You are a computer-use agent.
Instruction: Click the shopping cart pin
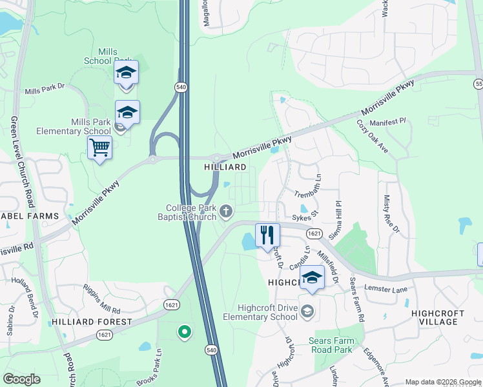[100, 148]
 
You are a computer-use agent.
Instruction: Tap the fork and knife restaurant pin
[267, 235]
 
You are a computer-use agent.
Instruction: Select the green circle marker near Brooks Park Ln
[184, 332]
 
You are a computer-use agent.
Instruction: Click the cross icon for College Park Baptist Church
[226, 210]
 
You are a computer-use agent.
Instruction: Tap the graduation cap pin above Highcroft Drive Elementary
[312, 277]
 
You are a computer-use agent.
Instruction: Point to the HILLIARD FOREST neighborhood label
[92, 321]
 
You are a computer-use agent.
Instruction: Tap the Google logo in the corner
[21, 379]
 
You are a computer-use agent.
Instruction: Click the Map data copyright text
[443, 382]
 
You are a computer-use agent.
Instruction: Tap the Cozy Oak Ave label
[376, 139]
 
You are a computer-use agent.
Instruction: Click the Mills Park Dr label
[45, 92]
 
